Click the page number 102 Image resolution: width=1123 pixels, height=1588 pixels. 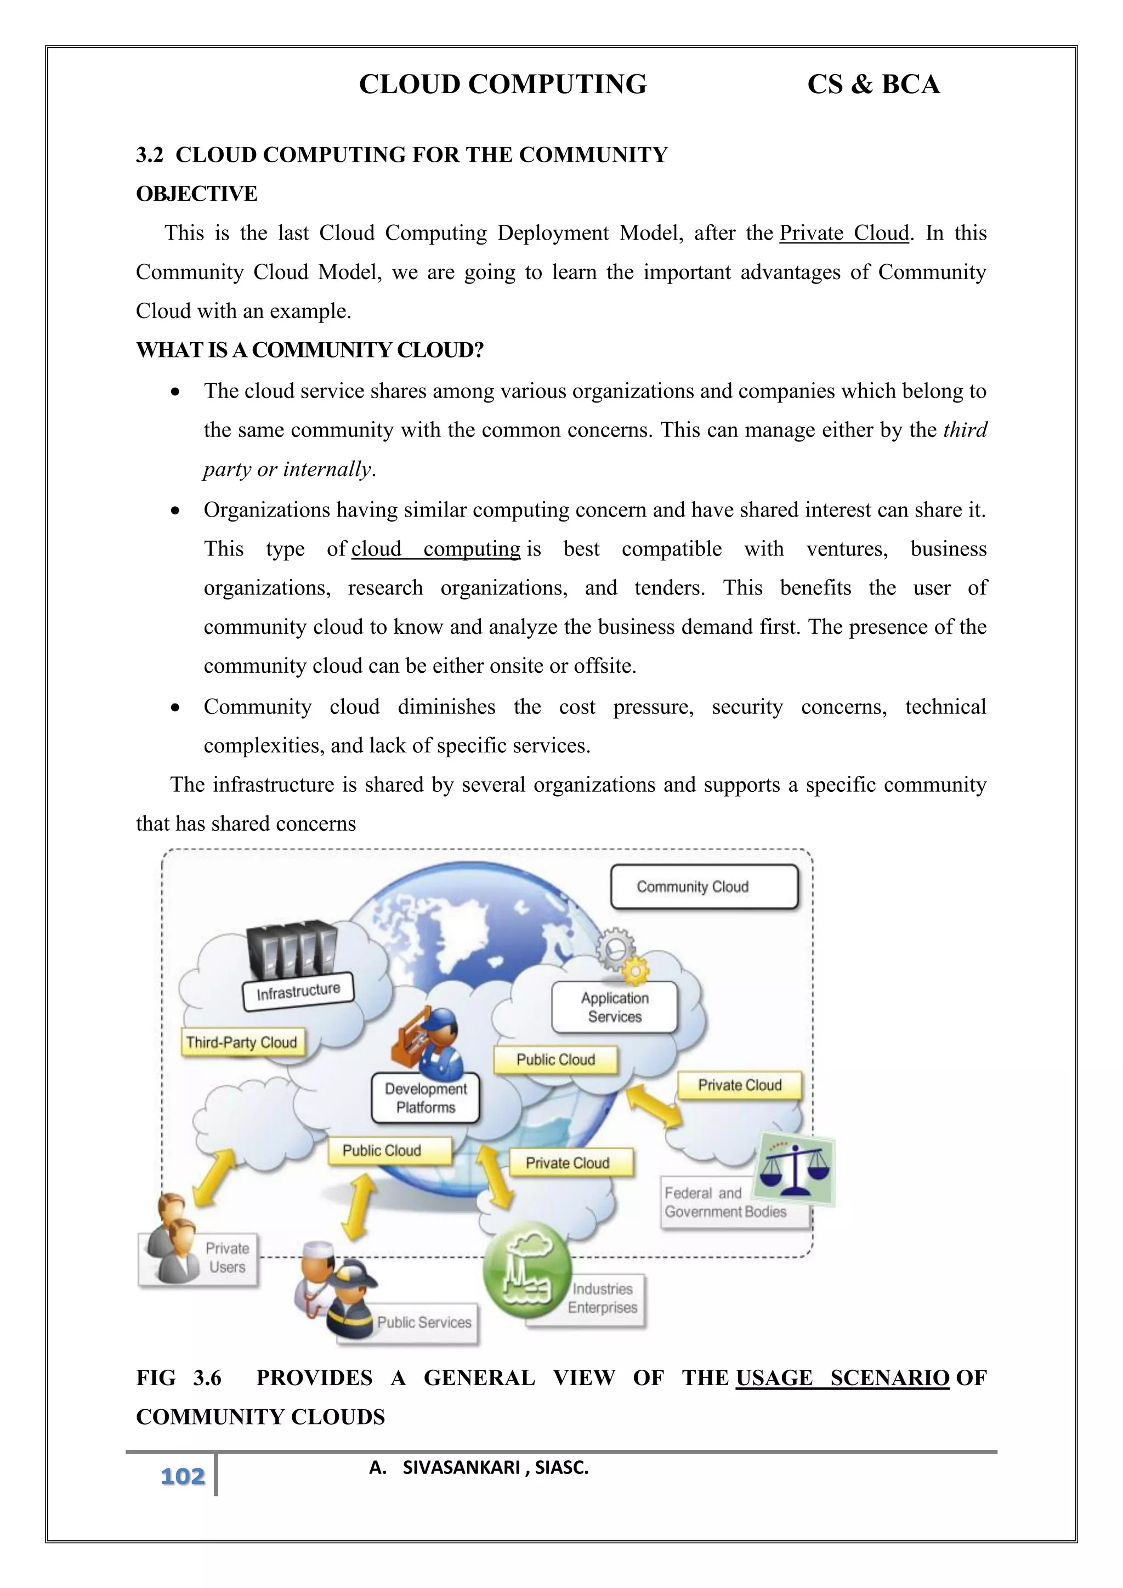click(183, 1476)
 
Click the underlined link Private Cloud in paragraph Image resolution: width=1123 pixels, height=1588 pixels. click(844, 233)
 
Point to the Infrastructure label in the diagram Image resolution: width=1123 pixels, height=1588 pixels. click(298, 992)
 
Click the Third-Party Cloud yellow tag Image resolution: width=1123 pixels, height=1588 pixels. click(241, 1042)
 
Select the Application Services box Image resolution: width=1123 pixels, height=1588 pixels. click(614, 1007)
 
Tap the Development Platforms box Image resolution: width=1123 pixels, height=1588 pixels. click(426, 1098)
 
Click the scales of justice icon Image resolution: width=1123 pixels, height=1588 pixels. click(794, 1169)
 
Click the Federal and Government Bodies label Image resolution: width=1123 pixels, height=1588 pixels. click(725, 1203)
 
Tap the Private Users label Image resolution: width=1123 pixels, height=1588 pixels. click(227, 1257)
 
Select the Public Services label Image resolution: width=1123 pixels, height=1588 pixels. click(423, 1322)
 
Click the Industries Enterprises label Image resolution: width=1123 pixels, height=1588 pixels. click(602, 1298)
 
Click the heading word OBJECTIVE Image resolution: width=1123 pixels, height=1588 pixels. click(196, 194)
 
